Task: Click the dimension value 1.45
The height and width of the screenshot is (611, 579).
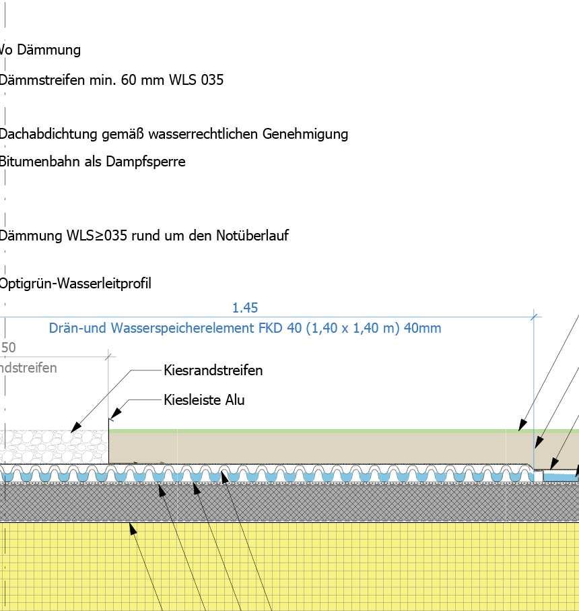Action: [245, 308]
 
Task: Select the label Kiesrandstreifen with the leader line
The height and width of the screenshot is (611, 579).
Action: [213, 371]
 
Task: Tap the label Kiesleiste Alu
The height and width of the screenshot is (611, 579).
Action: [204, 400]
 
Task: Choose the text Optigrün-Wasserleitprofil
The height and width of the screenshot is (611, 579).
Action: [75, 284]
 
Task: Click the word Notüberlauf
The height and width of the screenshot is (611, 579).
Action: [252, 236]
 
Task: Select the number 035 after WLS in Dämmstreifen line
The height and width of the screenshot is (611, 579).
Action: [211, 80]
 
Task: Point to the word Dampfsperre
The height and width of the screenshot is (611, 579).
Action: [145, 162]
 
